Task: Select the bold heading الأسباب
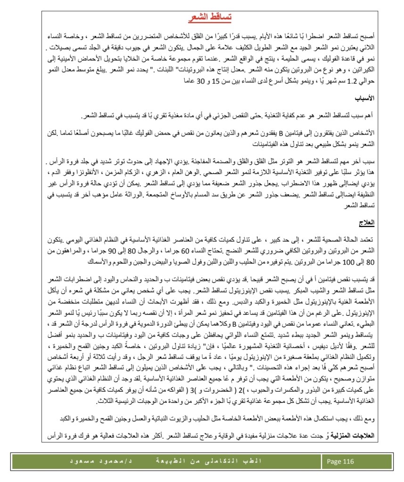click(364, 99)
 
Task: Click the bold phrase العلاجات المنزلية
click(355, 436)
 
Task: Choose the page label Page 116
click(340, 462)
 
